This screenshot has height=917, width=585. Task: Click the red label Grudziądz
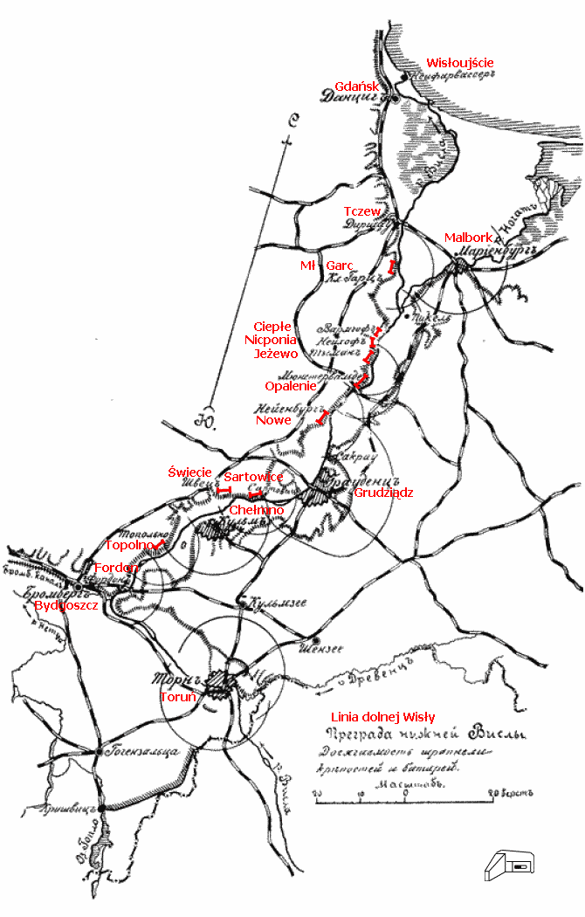[x=383, y=493]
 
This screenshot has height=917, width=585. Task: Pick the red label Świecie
[x=189, y=472]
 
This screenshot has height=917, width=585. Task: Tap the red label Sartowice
[x=253, y=477]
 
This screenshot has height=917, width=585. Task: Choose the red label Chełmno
[x=256, y=509]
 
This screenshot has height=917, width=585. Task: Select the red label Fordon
[x=116, y=568]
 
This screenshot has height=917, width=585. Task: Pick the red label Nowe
[x=273, y=420]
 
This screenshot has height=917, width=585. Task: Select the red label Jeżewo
[x=276, y=354]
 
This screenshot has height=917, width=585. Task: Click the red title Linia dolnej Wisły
[x=383, y=717]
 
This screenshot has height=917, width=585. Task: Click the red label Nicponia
[x=275, y=340]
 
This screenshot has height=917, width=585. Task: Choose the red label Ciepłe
[x=276, y=326]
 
